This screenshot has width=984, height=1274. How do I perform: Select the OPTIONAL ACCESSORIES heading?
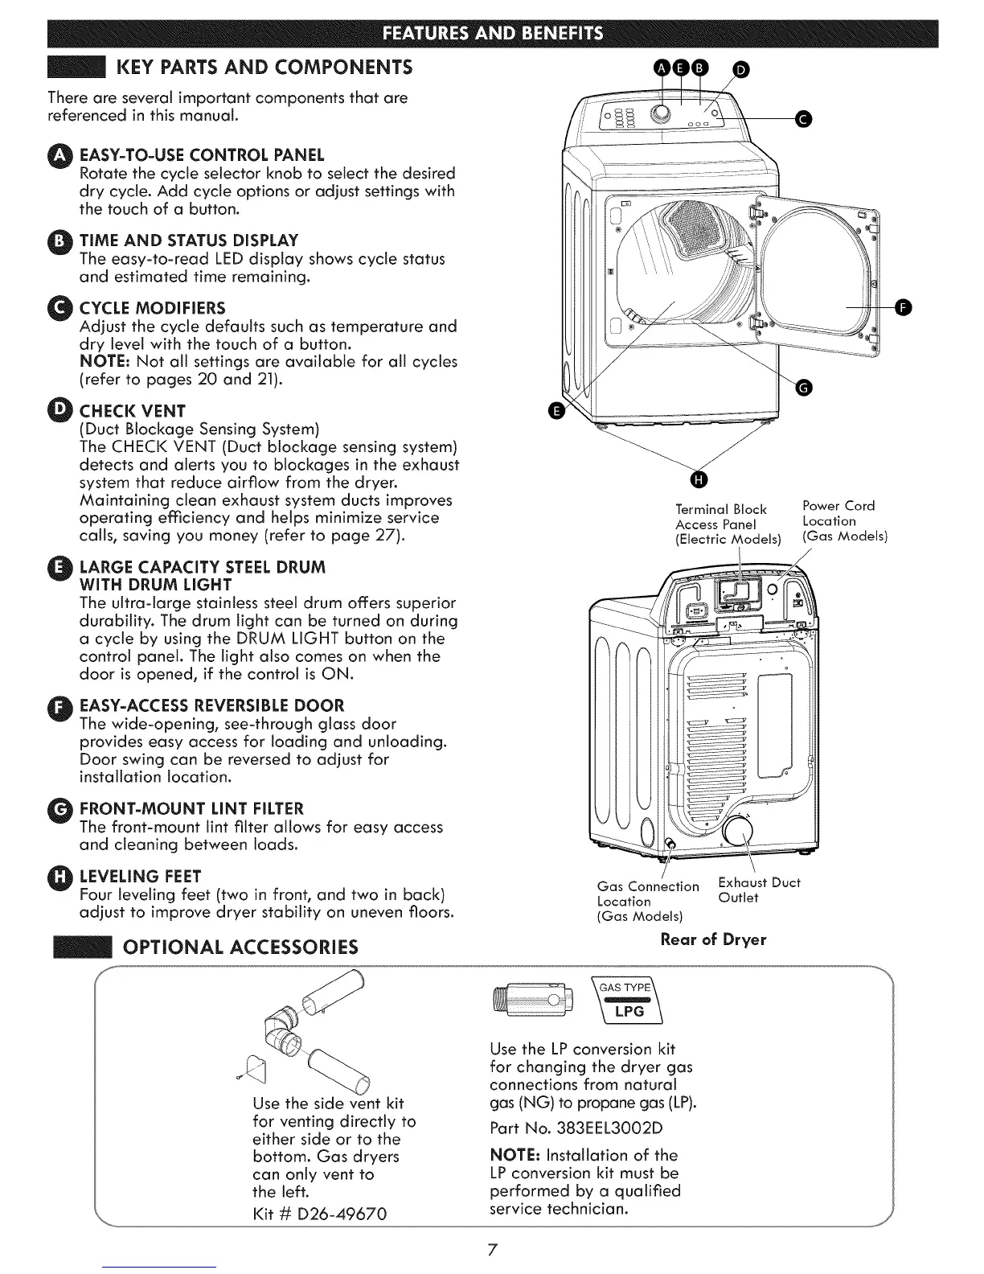(240, 947)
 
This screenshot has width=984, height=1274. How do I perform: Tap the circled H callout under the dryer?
(698, 481)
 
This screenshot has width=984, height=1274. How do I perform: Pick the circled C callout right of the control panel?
(802, 120)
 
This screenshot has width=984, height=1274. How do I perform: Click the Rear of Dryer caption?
(713, 939)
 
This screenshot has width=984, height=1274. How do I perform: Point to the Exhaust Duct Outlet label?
(758, 890)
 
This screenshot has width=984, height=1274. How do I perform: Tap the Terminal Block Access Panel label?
(728, 524)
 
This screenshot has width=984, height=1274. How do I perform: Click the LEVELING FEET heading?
(140, 876)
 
